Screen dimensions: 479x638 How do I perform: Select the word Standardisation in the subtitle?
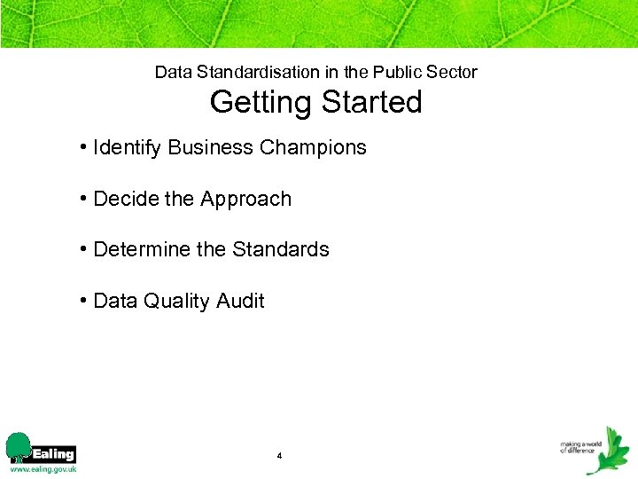click(255, 72)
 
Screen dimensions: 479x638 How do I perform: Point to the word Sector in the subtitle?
click(453, 72)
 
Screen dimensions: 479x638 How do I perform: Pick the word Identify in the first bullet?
click(124, 148)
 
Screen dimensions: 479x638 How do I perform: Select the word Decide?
click(121, 199)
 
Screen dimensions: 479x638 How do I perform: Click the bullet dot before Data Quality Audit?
click(82, 300)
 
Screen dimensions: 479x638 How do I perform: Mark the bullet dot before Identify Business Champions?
click(82, 146)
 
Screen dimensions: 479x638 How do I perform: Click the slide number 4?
click(279, 456)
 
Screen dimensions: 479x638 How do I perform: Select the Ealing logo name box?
click(54, 453)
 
